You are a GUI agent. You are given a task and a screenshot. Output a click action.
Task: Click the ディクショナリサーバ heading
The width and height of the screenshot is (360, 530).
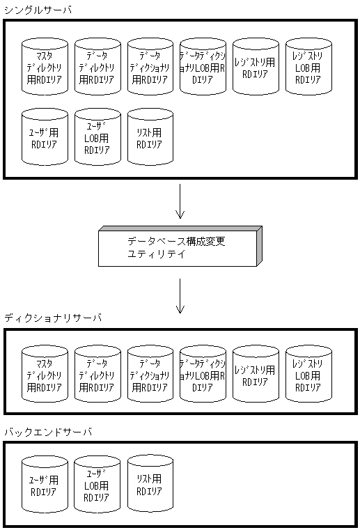click(53, 318)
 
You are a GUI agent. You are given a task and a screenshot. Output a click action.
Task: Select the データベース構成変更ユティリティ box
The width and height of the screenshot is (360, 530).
click(180, 247)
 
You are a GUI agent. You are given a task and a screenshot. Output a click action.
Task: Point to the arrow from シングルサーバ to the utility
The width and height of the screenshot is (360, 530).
click(180, 201)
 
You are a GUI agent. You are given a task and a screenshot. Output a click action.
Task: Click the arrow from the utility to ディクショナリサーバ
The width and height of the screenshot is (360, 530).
click(180, 295)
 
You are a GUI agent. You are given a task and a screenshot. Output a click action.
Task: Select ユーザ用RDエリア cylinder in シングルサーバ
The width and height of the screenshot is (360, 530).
click(45, 137)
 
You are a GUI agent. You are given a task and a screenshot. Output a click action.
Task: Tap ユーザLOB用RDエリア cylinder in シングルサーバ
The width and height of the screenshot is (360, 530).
click(97, 137)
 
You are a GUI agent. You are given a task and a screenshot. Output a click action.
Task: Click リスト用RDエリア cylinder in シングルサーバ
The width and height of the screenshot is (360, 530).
click(150, 137)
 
